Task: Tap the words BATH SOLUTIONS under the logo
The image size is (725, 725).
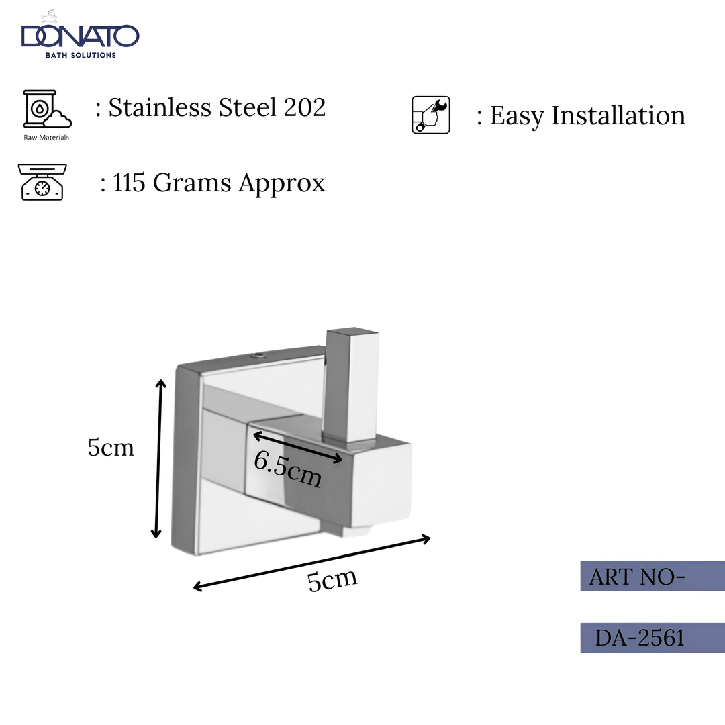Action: click(80, 55)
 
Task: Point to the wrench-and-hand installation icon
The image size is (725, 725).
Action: click(430, 115)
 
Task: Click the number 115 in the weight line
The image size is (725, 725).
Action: click(130, 183)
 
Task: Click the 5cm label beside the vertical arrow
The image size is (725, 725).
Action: click(111, 448)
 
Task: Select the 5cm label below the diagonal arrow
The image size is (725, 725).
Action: click(332, 579)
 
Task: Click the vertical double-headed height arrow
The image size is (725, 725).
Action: click(158, 458)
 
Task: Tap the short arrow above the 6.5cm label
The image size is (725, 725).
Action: click(297, 447)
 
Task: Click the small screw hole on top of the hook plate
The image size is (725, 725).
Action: click(259, 353)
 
